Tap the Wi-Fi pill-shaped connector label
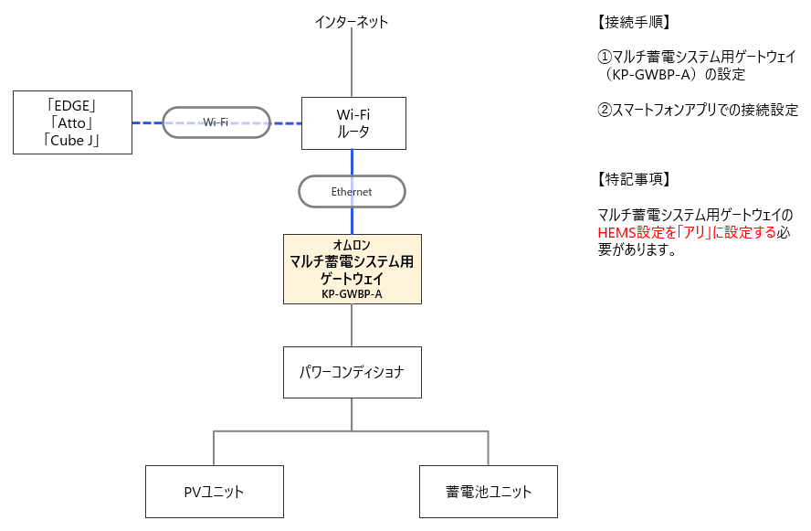coord(216,122)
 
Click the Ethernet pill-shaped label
coord(352,192)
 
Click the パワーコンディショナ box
coord(352,372)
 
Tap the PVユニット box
coord(214,492)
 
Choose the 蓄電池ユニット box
coord(488,492)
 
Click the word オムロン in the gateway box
coord(352,245)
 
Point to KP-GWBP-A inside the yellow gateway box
coord(352,294)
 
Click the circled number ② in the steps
coord(606,111)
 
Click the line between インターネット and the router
coord(352,64)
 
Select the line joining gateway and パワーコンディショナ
coord(352,325)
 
